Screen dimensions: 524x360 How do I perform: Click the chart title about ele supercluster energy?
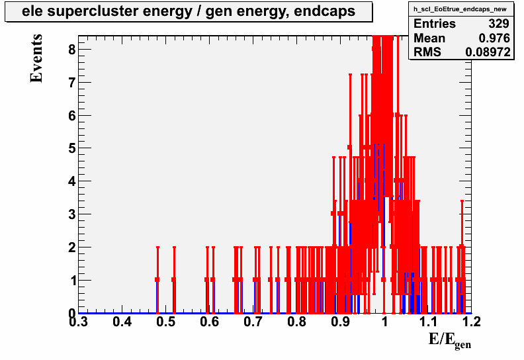[x=189, y=11]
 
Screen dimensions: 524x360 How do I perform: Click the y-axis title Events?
[x=36, y=58]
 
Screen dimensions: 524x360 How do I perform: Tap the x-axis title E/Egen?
[x=450, y=341]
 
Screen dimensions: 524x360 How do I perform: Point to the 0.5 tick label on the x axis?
[x=166, y=322]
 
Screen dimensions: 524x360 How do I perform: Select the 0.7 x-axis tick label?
[x=253, y=322]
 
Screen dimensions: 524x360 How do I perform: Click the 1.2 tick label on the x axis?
[x=471, y=322]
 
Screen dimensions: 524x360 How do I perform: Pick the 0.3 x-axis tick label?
[x=78, y=322]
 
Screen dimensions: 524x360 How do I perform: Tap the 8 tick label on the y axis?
[x=72, y=50]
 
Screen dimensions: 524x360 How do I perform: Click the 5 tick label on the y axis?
[x=72, y=148]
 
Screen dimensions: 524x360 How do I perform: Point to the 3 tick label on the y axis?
[x=72, y=214]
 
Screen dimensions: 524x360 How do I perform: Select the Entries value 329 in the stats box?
[x=499, y=24]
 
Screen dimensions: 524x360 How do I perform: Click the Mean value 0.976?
[x=494, y=38]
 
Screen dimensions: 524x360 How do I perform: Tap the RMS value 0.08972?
[x=488, y=52]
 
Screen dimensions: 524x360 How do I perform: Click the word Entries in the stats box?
[x=435, y=24]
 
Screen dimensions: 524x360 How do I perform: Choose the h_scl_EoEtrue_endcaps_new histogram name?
[x=460, y=9]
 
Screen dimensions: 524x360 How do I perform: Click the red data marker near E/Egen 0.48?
[x=157, y=279]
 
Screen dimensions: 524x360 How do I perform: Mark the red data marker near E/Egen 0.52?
[x=174, y=279]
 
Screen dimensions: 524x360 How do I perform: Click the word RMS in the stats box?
[x=427, y=52]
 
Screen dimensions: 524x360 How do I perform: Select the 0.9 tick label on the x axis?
[x=341, y=322]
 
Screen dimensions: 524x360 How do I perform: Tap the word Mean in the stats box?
[x=429, y=38]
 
